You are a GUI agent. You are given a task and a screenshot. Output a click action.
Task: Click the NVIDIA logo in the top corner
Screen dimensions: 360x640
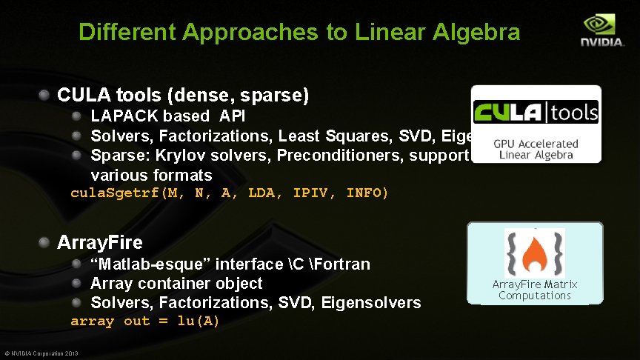[x=602, y=30]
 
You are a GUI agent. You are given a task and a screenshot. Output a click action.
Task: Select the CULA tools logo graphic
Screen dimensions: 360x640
[x=536, y=113]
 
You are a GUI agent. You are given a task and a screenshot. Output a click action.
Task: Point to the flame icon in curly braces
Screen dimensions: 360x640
[x=534, y=253]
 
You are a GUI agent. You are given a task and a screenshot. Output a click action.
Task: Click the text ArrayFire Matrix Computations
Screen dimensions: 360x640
[x=535, y=290]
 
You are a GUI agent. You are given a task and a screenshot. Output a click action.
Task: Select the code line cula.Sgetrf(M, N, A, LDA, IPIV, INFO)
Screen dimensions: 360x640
[x=229, y=193]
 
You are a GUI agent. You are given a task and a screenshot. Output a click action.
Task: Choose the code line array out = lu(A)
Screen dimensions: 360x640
[x=145, y=321]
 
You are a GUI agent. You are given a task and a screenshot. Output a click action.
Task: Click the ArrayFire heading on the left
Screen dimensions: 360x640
[x=99, y=242]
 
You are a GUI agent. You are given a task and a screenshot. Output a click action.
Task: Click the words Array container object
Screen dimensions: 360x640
[x=176, y=283]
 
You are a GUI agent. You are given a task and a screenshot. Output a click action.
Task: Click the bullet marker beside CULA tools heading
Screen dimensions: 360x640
[x=45, y=96]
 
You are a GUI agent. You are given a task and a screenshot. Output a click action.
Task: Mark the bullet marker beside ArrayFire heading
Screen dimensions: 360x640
[x=45, y=242]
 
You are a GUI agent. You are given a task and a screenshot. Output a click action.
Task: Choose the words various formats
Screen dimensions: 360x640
[x=151, y=175]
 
